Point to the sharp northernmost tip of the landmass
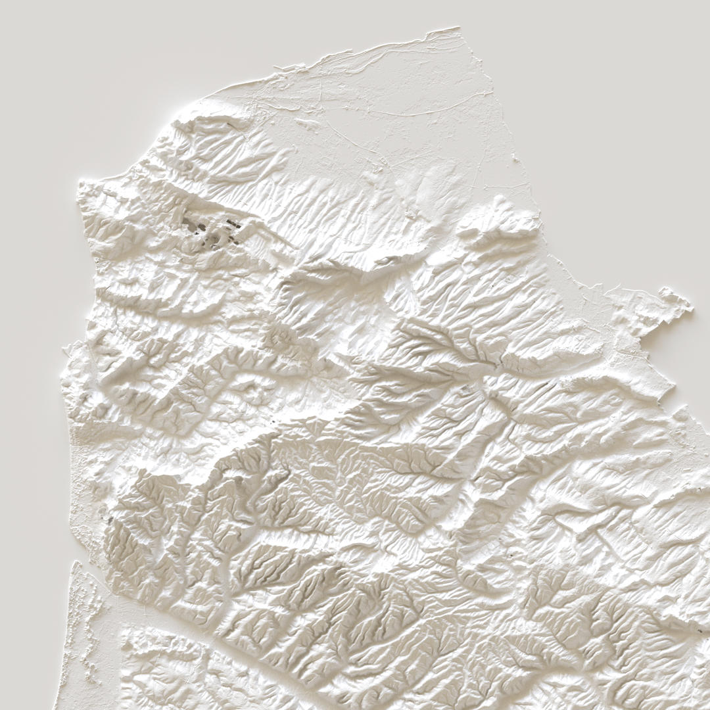click(x=458, y=28)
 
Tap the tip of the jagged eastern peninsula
click(x=690, y=306)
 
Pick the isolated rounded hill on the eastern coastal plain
click(x=500, y=220)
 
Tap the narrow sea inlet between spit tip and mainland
click(x=92, y=572)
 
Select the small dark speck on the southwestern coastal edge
click(x=110, y=519)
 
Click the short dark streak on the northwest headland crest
click(x=230, y=123)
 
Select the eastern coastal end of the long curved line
click(x=490, y=93)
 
